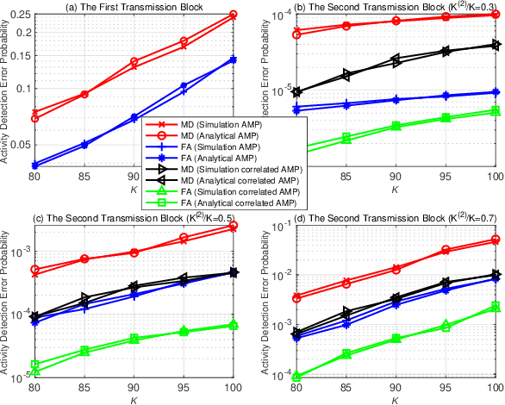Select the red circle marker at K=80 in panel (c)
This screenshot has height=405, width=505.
tap(34, 270)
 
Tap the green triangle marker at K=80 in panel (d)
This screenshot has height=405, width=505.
tap(296, 377)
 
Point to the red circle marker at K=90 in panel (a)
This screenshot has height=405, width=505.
tap(134, 62)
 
